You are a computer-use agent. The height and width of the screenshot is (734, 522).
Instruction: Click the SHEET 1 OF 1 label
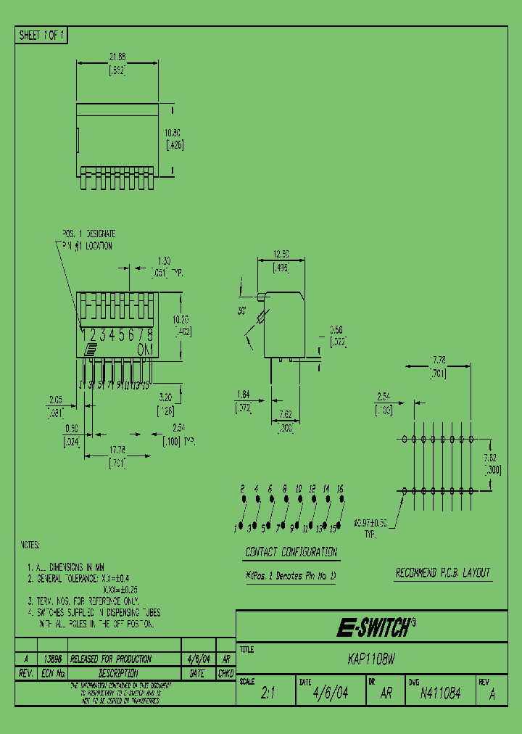coord(41,36)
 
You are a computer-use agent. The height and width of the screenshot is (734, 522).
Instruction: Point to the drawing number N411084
coord(439,693)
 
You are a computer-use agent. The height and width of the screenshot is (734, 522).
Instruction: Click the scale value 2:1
coord(268,693)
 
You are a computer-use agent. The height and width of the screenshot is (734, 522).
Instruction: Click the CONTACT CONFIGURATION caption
coord(291,552)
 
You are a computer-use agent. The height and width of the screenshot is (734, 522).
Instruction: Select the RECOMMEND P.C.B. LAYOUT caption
coord(443,573)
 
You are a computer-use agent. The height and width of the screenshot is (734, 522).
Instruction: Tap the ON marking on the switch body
coord(145,349)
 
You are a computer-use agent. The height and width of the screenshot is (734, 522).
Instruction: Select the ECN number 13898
coord(52,659)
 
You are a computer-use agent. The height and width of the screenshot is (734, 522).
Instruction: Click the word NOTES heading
coord(29,545)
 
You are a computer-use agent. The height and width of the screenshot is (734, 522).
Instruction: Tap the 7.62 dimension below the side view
coord(285,415)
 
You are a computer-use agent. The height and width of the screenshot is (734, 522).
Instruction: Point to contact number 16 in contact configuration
coord(340,489)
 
